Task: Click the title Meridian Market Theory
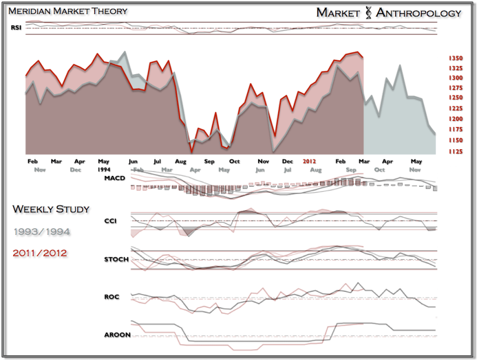[x=68, y=11]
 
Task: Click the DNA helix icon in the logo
[x=368, y=13]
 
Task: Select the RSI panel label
[x=16, y=28]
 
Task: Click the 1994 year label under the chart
[x=104, y=169]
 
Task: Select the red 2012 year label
[x=310, y=162]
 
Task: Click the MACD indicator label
[x=115, y=178]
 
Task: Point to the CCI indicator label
[x=110, y=221]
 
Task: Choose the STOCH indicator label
[x=116, y=259]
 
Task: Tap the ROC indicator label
[x=111, y=297]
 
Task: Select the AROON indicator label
[x=117, y=334]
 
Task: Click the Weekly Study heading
[x=51, y=209]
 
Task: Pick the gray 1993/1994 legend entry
[x=41, y=231]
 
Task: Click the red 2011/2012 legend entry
[x=40, y=253]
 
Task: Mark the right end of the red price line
[x=363, y=57]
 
